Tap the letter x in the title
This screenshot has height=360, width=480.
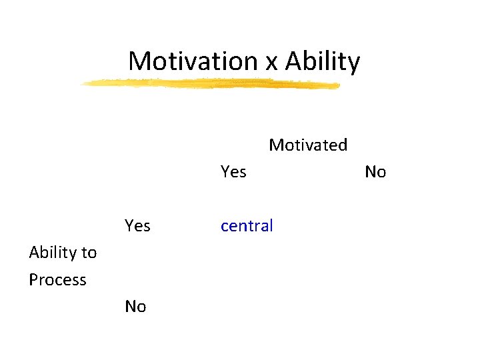click(271, 63)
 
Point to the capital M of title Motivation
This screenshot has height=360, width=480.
click(140, 61)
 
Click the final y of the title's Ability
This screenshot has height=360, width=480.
click(354, 64)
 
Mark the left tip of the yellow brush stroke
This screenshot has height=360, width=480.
click(81, 84)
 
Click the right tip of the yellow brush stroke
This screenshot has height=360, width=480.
click(339, 85)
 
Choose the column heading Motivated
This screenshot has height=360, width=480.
click(308, 145)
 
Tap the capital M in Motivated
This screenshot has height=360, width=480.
click(275, 145)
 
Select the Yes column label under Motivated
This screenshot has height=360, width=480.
click(233, 172)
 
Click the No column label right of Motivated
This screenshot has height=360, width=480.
click(375, 172)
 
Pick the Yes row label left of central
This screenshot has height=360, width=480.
click(137, 226)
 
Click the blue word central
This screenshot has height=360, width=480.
click(247, 226)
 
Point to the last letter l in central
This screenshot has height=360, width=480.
click(271, 225)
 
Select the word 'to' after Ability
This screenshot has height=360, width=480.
click(89, 253)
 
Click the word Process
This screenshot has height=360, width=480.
click(57, 280)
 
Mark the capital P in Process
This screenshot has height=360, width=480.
click(34, 280)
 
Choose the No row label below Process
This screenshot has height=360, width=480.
click(135, 307)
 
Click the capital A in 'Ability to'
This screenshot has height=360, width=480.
click(34, 253)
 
